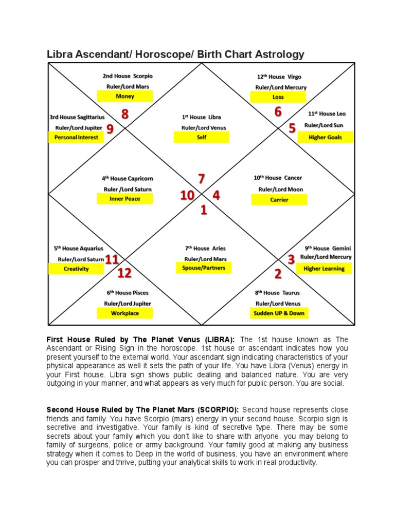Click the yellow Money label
click(125, 96)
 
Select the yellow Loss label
click(278, 97)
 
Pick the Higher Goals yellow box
click(325, 138)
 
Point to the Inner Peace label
click(125, 199)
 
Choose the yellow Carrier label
click(279, 200)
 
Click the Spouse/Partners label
click(204, 268)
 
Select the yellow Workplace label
click(125, 313)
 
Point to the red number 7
click(202, 179)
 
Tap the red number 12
click(124, 273)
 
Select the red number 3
click(291, 260)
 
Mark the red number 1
click(204, 210)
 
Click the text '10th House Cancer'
click(278, 178)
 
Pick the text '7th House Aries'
click(205, 248)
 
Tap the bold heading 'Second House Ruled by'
click(90, 410)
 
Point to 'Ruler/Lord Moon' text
click(280, 189)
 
